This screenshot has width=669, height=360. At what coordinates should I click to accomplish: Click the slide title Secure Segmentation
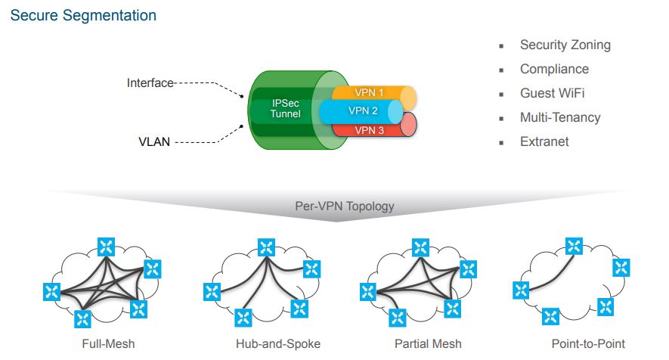pos(83,15)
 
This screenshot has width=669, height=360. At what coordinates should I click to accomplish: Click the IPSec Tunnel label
pos(286,108)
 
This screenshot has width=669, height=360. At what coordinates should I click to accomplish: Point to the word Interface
pos(150,83)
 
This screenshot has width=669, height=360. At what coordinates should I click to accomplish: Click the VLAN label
pos(154,141)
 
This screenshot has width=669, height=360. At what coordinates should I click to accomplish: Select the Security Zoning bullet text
pos(565,45)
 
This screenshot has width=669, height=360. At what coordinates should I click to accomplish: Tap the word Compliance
pos(554,69)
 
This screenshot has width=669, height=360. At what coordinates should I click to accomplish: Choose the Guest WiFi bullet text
pos(552,93)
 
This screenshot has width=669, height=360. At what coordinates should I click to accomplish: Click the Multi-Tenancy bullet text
pos(560,117)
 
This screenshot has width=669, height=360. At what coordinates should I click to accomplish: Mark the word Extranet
pos(544,141)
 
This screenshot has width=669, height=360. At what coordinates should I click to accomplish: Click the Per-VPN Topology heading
pos(345,206)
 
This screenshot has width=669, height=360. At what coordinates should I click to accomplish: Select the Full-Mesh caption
pos(108,344)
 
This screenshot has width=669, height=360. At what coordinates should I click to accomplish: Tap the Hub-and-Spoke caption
pos(278,344)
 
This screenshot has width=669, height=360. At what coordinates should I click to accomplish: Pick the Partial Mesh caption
pos(428,344)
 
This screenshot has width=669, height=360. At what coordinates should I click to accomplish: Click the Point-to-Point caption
pos(588,344)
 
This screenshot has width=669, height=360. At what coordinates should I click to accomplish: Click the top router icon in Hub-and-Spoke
pos(266,247)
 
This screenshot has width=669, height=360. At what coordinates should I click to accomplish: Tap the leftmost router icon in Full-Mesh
pos(51,292)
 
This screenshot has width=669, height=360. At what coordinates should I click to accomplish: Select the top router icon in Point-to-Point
pos(574,247)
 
